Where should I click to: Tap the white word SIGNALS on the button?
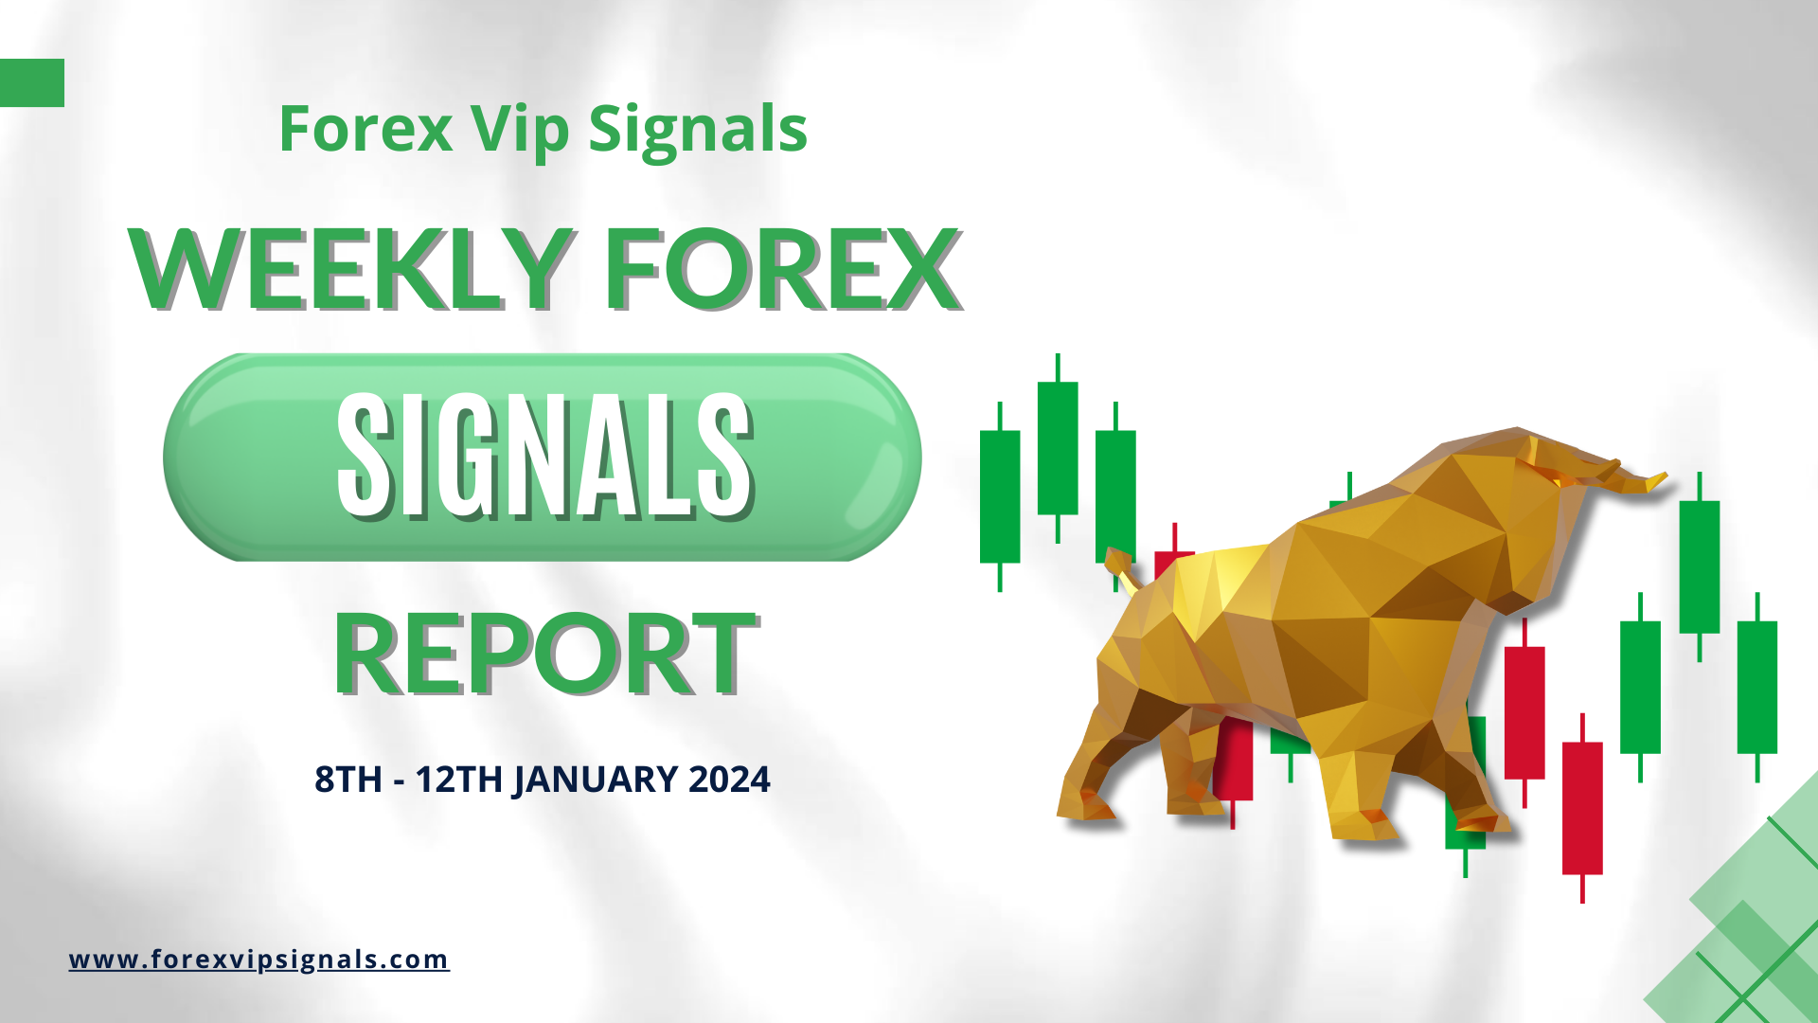tap(544, 457)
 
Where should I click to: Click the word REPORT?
tap(545, 654)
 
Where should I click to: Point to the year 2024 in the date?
tap(729, 780)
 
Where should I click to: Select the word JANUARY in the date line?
tap(596, 780)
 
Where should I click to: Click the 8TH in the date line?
tap(348, 780)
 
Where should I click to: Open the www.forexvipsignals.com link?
tap(258, 960)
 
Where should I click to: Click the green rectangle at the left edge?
tap(32, 82)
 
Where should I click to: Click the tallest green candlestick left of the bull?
tap(1058, 448)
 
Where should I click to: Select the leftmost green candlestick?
tap(1000, 496)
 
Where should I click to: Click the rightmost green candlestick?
tap(1757, 687)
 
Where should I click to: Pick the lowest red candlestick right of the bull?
tap(1582, 808)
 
